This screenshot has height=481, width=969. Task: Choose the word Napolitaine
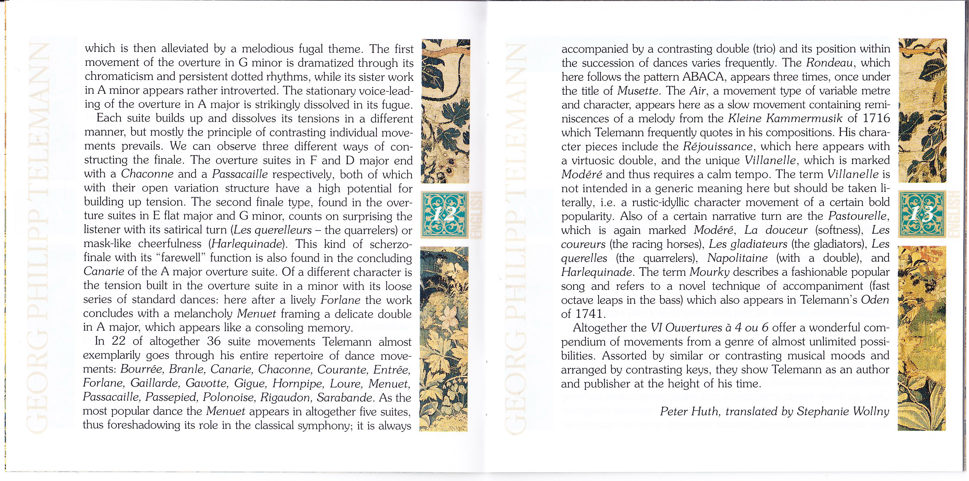coord(737,258)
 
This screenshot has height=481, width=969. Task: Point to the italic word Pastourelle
coord(858,216)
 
